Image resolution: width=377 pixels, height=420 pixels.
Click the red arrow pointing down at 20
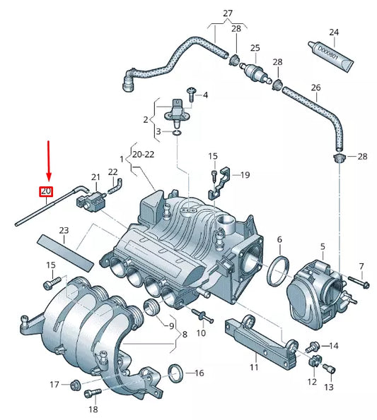click(x=48, y=161)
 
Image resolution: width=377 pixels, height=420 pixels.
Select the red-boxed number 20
click(x=46, y=191)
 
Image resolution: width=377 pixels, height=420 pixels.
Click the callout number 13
click(x=327, y=388)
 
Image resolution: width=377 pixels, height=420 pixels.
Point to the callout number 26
click(x=315, y=88)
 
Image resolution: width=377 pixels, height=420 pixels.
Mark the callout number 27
click(x=228, y=13)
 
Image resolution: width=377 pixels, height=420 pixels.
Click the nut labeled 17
click(x=74, y=385)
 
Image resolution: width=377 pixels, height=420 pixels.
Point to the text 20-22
click(x=144, y=152)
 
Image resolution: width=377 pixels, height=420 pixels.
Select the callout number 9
click(x=170, y=325)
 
